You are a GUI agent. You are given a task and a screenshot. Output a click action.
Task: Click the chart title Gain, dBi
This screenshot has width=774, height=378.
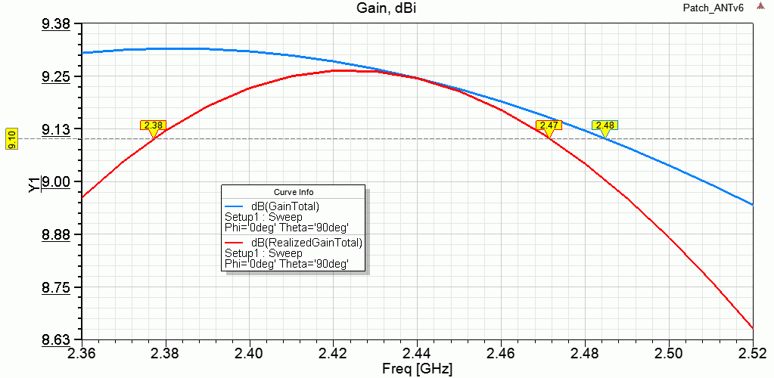387,8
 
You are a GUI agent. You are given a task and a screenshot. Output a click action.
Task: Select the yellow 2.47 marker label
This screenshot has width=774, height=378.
549,125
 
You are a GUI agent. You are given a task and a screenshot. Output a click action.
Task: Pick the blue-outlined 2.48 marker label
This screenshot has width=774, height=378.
605,125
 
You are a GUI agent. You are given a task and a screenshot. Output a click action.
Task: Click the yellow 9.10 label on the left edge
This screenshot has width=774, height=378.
11,139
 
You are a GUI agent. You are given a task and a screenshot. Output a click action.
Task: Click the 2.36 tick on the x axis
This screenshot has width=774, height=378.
82,353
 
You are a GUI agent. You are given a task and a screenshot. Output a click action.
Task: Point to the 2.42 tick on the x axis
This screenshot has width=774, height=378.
333,353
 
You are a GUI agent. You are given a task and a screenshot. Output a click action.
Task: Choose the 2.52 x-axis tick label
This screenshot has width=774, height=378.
753,353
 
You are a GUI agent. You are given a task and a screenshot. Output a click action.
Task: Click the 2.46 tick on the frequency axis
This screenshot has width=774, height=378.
501,353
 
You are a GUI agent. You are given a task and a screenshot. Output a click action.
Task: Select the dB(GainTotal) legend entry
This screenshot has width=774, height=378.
285,206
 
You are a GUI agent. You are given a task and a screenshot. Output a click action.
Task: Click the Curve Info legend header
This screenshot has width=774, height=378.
293,191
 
